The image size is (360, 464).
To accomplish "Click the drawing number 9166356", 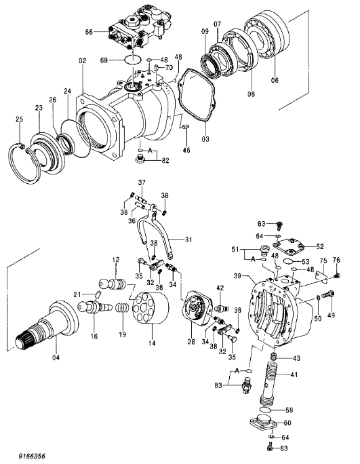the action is pyautogui.click(x=32, y=456).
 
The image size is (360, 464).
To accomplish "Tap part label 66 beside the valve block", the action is pyautogui.click(x=89, y=32).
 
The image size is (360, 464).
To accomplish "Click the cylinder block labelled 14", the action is pyautogui.click(x=151, y=308).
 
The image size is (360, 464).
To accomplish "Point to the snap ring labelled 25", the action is pyautogui.click(x=24, y=162).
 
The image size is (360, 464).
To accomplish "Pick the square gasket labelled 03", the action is pyautogui.click(x=197, y=95).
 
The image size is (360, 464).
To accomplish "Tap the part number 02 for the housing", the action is pyautogui.click(x=83, y=60).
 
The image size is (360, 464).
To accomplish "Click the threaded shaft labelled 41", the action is pyautogui.click(x=269, y=383).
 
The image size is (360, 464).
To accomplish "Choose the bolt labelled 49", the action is pyautogui.click(x=328, y=294).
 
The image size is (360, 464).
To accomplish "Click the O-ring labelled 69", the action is pyautogui.click(x=132, y=60).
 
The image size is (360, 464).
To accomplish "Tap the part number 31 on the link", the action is pyautogui.click(x=188, y=239).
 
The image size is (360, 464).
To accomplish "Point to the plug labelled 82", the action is pyautogui.click(x=140, y=159).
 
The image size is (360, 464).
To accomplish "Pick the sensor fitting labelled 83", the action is pyautogui.click(x=246, y=385).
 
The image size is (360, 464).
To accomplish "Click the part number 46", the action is pyautogui.click(x=186, y=151).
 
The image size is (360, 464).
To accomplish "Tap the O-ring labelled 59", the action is pyautogui.click(x=266, y=410).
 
